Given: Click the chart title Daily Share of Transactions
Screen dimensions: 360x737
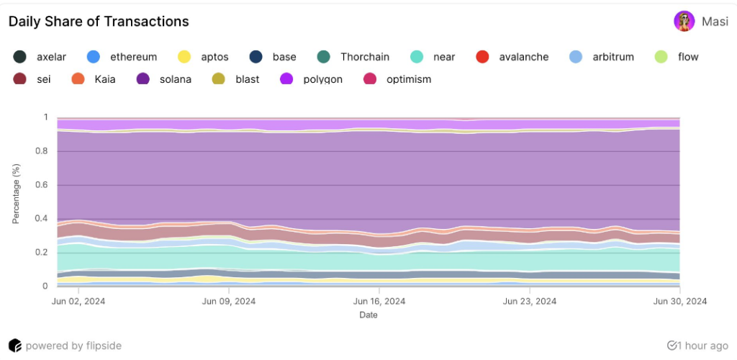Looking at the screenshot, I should tap(99, 22).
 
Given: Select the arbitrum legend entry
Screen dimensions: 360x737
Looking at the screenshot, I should tap(602, 57).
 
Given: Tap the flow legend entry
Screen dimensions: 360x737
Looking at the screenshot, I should tap(677, 57).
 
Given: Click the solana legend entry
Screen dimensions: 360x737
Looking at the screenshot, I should tap(164, 79).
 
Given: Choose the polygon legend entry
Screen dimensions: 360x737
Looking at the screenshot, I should tap(311, 79).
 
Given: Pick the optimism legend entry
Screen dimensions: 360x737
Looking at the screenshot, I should tap(398, 79).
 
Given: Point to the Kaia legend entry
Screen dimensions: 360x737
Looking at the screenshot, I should tap(94, 79).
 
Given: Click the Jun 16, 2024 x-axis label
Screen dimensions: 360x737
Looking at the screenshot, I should tap(379, 302).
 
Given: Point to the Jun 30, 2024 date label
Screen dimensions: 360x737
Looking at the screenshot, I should tap(680, 302).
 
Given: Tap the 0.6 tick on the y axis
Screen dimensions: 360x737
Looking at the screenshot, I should tap(42, 185).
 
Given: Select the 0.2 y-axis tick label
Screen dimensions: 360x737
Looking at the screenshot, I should tap(42, 253).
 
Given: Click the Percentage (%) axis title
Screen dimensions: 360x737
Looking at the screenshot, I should tap(16, 193).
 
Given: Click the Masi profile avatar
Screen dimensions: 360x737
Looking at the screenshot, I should tap(684, 22).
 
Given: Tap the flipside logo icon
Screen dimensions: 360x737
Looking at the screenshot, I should tap(14, 346).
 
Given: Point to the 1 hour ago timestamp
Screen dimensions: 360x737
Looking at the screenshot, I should tap(698, 346).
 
